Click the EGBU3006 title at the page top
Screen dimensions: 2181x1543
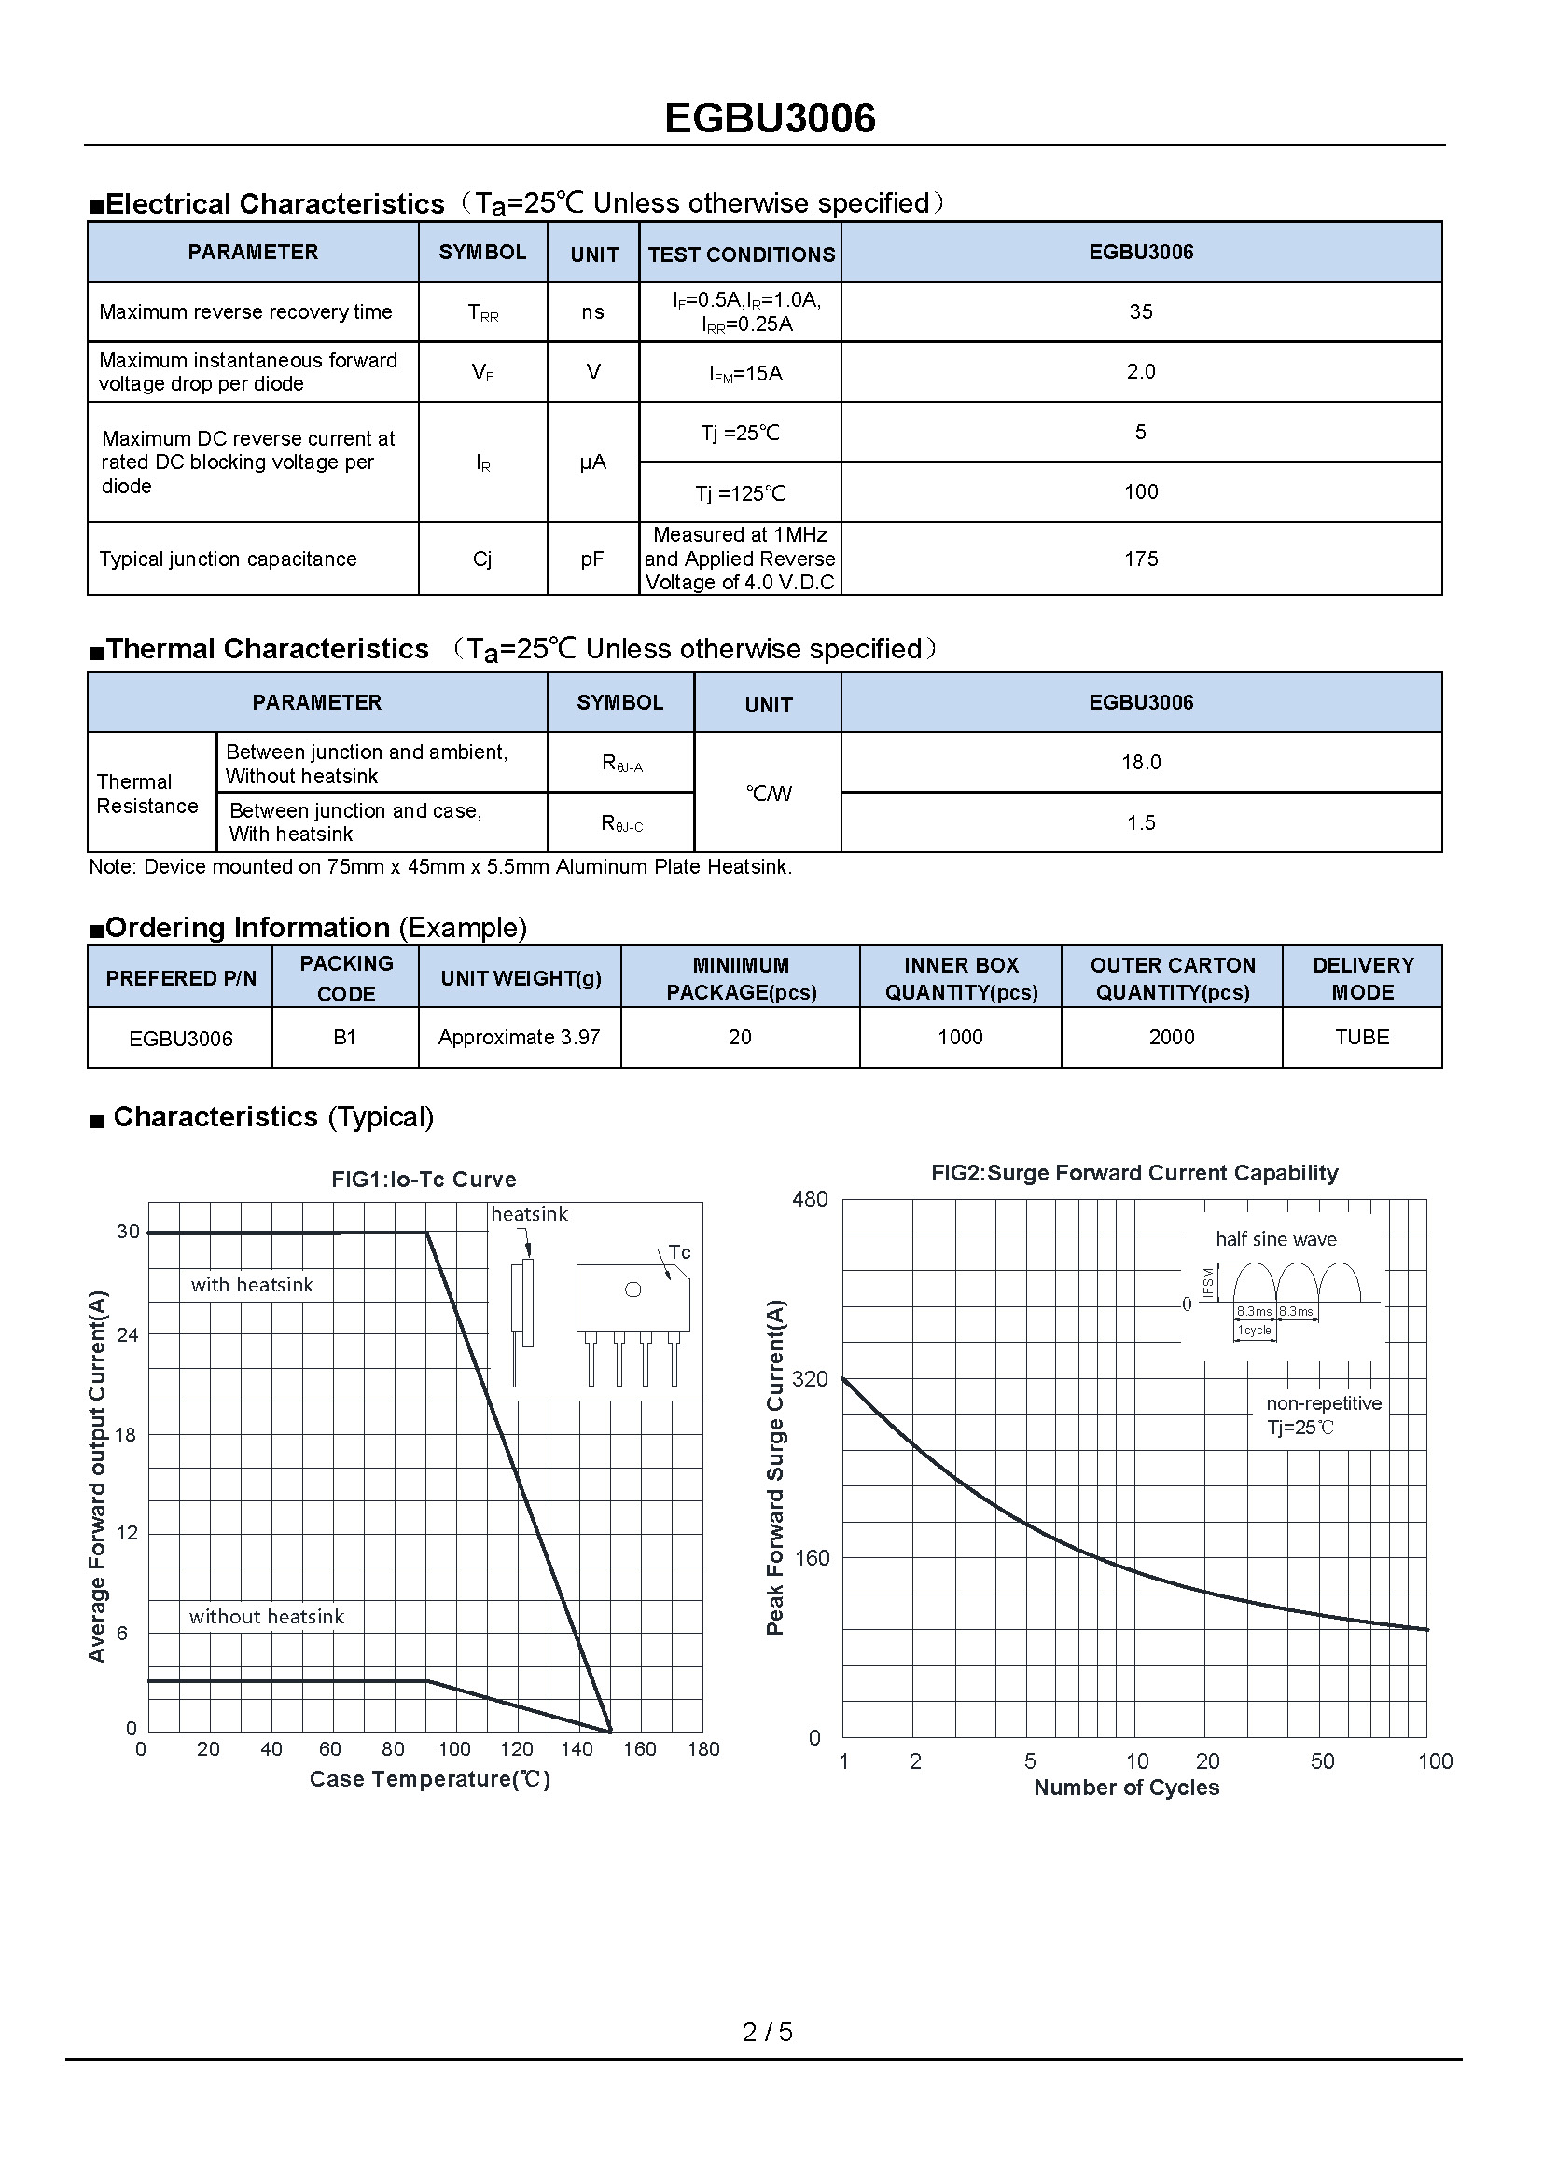pyautogui.click(x=770, y=118)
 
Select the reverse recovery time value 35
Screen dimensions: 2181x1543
pyautogui.click(x=1140, y=311)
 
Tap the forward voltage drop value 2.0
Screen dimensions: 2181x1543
pyautogui.click(x=1140, y=371)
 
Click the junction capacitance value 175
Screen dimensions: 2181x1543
pyautogui.click(x=1140, y=559)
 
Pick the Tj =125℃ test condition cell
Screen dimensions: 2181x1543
pyautogui.click(x=740, y=493)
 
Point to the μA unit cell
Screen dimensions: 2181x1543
pyautogui.click(x=593, y=462)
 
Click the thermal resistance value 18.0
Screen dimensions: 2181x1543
pyautogui.click(x=1140, y=762)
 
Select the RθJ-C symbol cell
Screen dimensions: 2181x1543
pyautogui.click(x=621, y=823)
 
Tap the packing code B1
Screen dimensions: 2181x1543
pyautogui.click(x=345, y=1037)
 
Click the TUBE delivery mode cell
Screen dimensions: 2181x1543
pyautogui.click(x=1361, y=1037)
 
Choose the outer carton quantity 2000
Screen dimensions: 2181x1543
pyautogui.click(x=1172, y=1037)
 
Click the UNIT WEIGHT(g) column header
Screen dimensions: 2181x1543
pyautogui.click(x=521, y=978)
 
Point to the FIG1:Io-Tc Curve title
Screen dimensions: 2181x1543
pyautogui.click(x=424, y=1179)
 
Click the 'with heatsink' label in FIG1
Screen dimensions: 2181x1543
pyautogui.click(x=252, y=1285)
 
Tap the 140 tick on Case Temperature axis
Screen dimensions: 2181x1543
pyautogui.click(x=577, y=1748)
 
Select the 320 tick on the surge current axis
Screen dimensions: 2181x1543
pyautogui.click(x=810, y=1378)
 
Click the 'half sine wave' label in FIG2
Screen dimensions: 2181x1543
pyautogui.click(x=1275, y=1238)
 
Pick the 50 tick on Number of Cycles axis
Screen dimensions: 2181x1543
pyautogui.click(x=1322, y=1761)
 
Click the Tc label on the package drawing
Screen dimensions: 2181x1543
pyautogui.click(x=679, y=1252)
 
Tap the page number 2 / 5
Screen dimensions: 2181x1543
pyautogui.click(x=767, y=2032)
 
